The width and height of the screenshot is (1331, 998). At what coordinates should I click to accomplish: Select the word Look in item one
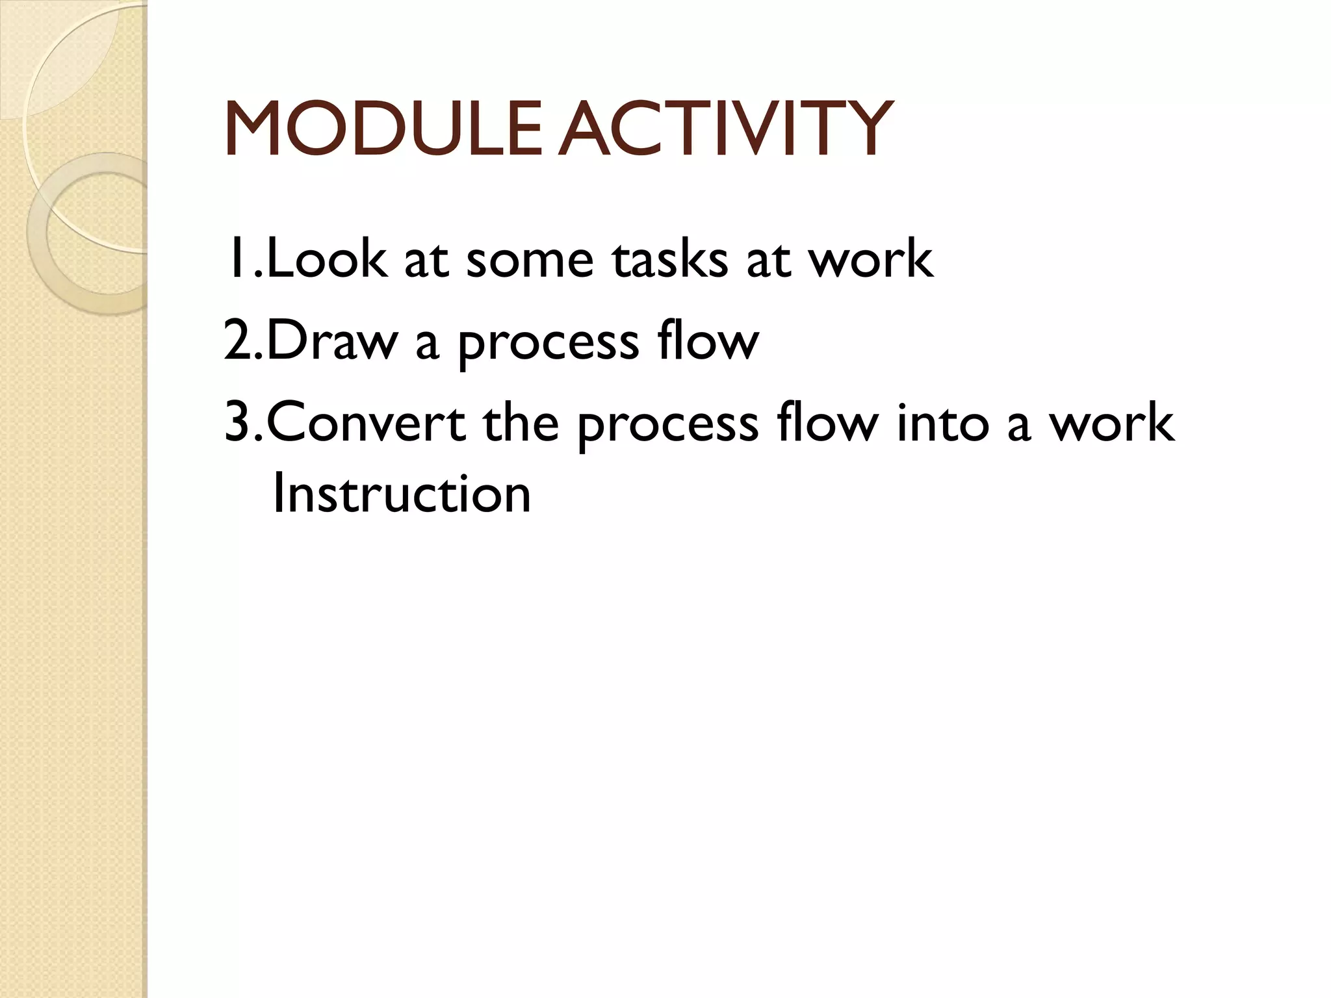(x=326, y=259)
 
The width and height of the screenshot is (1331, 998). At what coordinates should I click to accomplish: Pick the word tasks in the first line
(x=670, y=259)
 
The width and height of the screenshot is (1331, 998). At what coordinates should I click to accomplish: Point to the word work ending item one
(x=870, y=259)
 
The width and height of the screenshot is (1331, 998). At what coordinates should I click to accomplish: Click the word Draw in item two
(x=331, y=340)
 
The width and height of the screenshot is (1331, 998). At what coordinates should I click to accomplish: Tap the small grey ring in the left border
(x=91, y=234)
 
